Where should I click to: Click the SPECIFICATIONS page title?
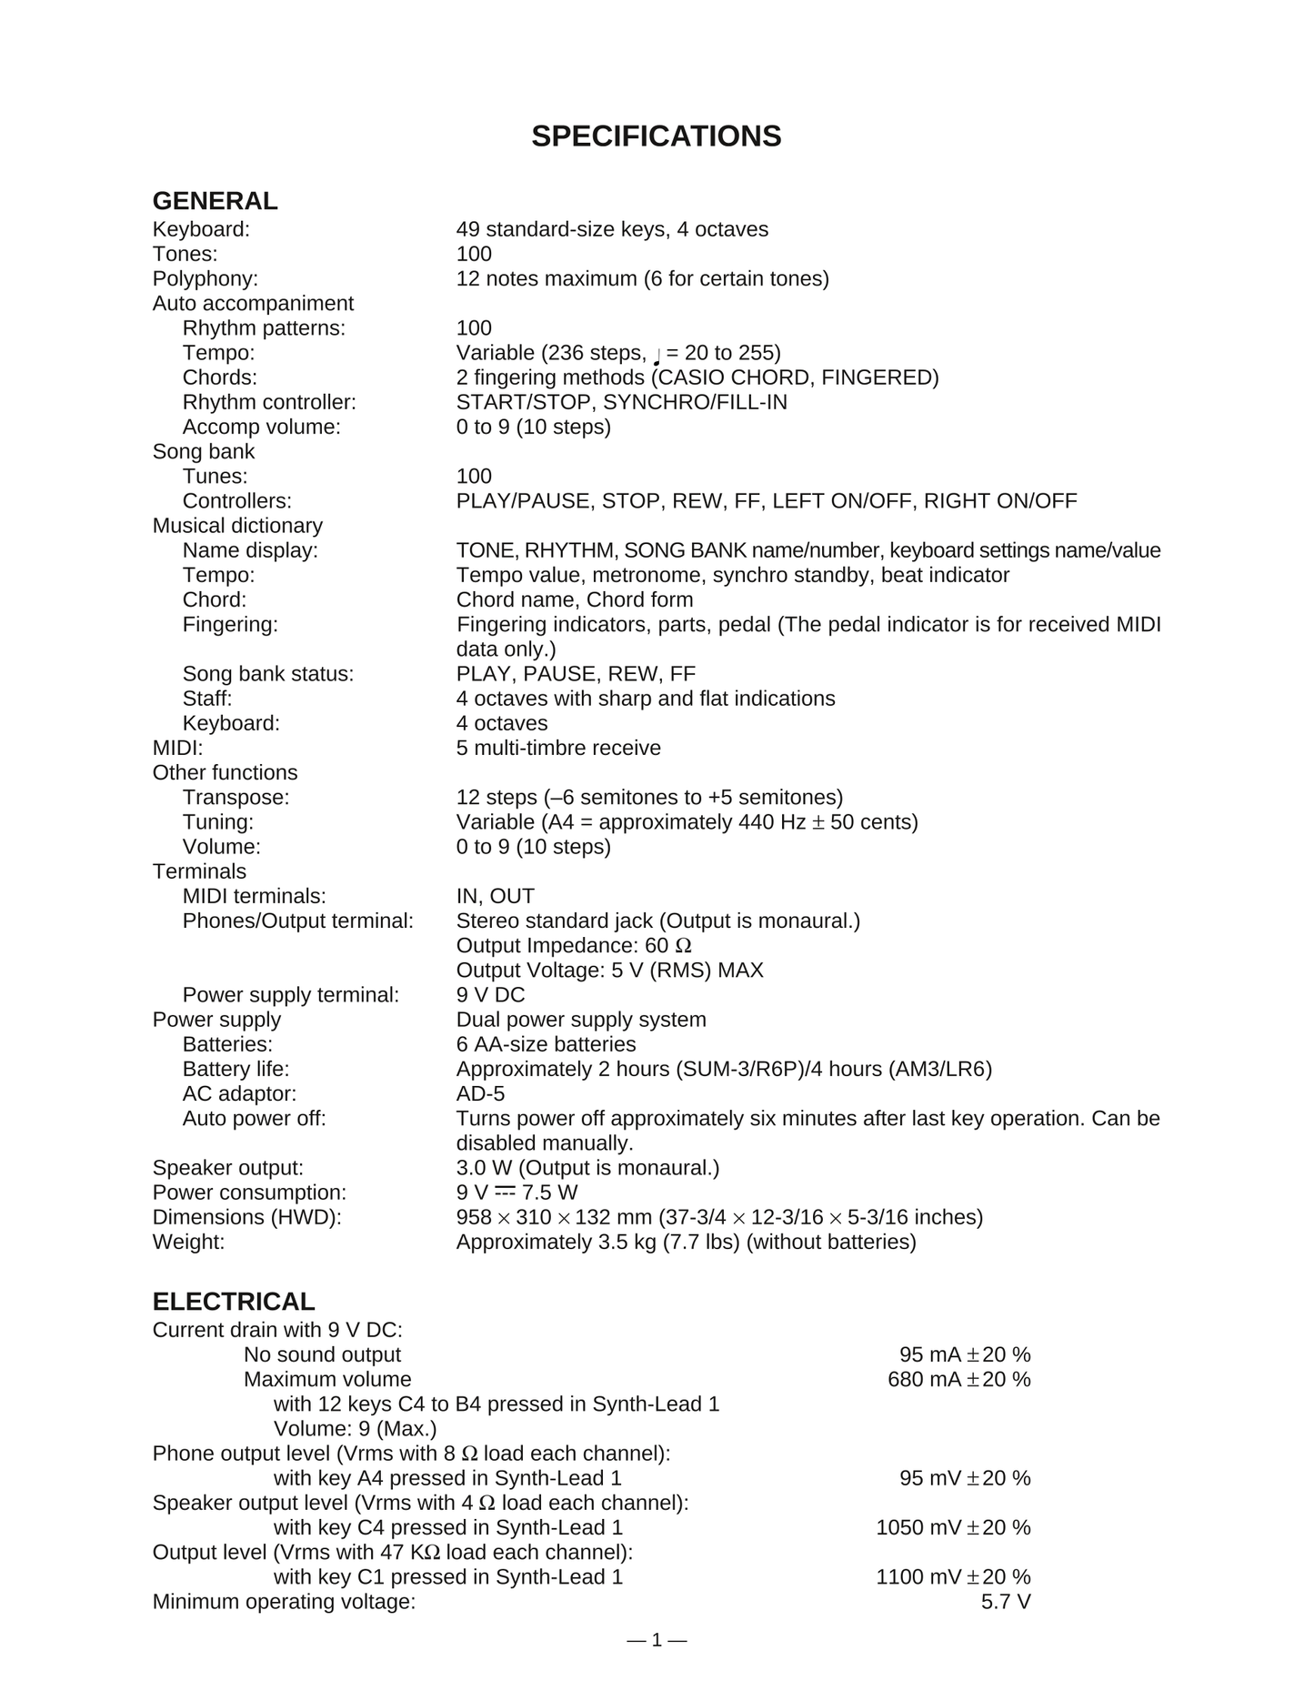click(x=656, y=136)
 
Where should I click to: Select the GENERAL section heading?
click(x=215, y=201)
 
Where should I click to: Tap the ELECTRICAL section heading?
click(x=234, y=1302)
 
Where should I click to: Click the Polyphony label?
click(x=206, y=278)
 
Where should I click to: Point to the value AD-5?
click(x=480, y=1093)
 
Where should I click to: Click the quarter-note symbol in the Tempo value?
click(x=657, y=355)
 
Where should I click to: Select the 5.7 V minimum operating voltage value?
click(x=1006, y=1602)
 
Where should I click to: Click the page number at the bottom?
click(x=657, y=1640)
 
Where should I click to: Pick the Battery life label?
click(x=236, y=1069)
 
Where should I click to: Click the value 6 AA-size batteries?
click(x=546, y=1044)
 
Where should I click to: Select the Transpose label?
click(x=236, y=798)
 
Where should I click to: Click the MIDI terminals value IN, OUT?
click(x=495, y=896)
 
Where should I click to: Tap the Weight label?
click(x=188, y=1242)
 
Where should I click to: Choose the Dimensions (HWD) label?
click(x=246, y=1217)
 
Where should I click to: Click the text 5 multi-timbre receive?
click(x=558, y=748)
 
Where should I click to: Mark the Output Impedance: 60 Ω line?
click(x=574, y=946)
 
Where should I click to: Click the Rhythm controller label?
click(x=269, y=402)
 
